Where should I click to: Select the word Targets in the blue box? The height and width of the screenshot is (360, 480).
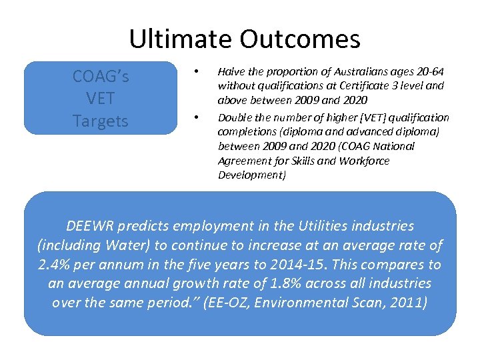coord(101,121)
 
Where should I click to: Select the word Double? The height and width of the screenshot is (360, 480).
coord(235,118)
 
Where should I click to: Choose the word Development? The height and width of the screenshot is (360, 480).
coord(250,175)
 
